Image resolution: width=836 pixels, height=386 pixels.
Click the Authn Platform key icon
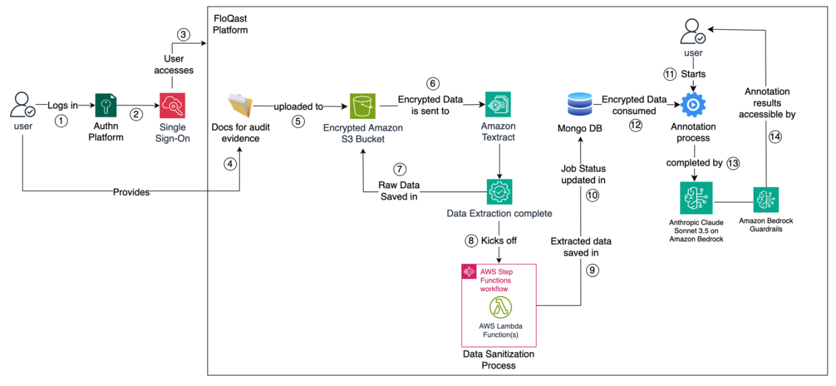(x=106, y=105)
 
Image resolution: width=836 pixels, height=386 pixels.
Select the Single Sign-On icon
(x=172, y=105)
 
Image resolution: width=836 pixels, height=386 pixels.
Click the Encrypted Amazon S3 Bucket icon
(x=362, y=105)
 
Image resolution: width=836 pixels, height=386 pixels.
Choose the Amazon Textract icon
(x=498, y=105)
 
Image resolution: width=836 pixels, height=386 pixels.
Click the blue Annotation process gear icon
(x=694, y=105)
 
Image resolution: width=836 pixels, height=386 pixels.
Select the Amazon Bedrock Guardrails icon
(x=766, y=199)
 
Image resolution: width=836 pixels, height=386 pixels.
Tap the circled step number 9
(x=592, y=269)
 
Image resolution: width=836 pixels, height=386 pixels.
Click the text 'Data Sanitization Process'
(x=499, y=359)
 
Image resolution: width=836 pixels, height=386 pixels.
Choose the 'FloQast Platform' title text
(x=231, y=24)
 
